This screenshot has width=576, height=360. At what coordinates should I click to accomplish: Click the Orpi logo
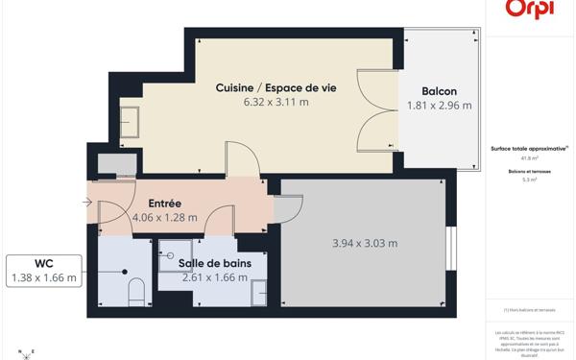(529, 8)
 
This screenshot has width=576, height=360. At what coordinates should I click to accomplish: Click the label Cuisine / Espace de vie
(276, 87)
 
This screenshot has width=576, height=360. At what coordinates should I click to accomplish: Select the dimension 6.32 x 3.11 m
(276, 102)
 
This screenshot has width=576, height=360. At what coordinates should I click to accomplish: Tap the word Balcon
(439, 91)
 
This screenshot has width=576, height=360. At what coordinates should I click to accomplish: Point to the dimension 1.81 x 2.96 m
(439, 106)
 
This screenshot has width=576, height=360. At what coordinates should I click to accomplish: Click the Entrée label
(164, 204)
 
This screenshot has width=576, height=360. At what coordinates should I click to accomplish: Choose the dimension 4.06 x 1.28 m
(164, 217)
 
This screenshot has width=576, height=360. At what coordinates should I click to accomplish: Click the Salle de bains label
(214, 263)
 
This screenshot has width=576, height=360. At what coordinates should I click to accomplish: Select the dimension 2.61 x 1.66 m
(214, 277)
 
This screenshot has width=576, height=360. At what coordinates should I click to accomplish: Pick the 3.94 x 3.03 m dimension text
(364, 243)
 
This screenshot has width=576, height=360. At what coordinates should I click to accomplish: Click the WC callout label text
(42, 264)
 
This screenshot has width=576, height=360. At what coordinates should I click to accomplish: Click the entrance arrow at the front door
(88, 203)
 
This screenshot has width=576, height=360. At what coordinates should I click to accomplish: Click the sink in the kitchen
(129, 119)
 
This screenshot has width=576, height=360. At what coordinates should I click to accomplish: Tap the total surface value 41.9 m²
(529, 158)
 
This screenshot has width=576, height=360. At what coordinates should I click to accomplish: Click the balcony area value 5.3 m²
(529, 180)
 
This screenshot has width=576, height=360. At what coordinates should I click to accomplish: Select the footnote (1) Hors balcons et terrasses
(529, 310)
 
